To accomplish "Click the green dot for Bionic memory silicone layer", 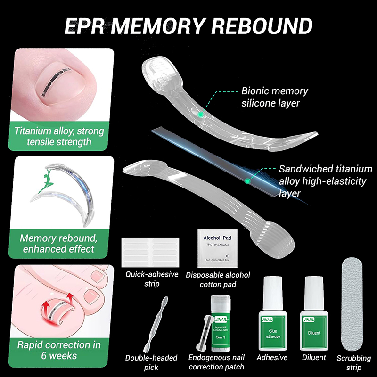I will pos(201,114).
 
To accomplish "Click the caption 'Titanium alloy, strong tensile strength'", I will pos(59,136).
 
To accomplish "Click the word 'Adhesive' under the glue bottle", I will pos(272,357).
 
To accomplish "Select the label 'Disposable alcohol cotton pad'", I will pos(218,279).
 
